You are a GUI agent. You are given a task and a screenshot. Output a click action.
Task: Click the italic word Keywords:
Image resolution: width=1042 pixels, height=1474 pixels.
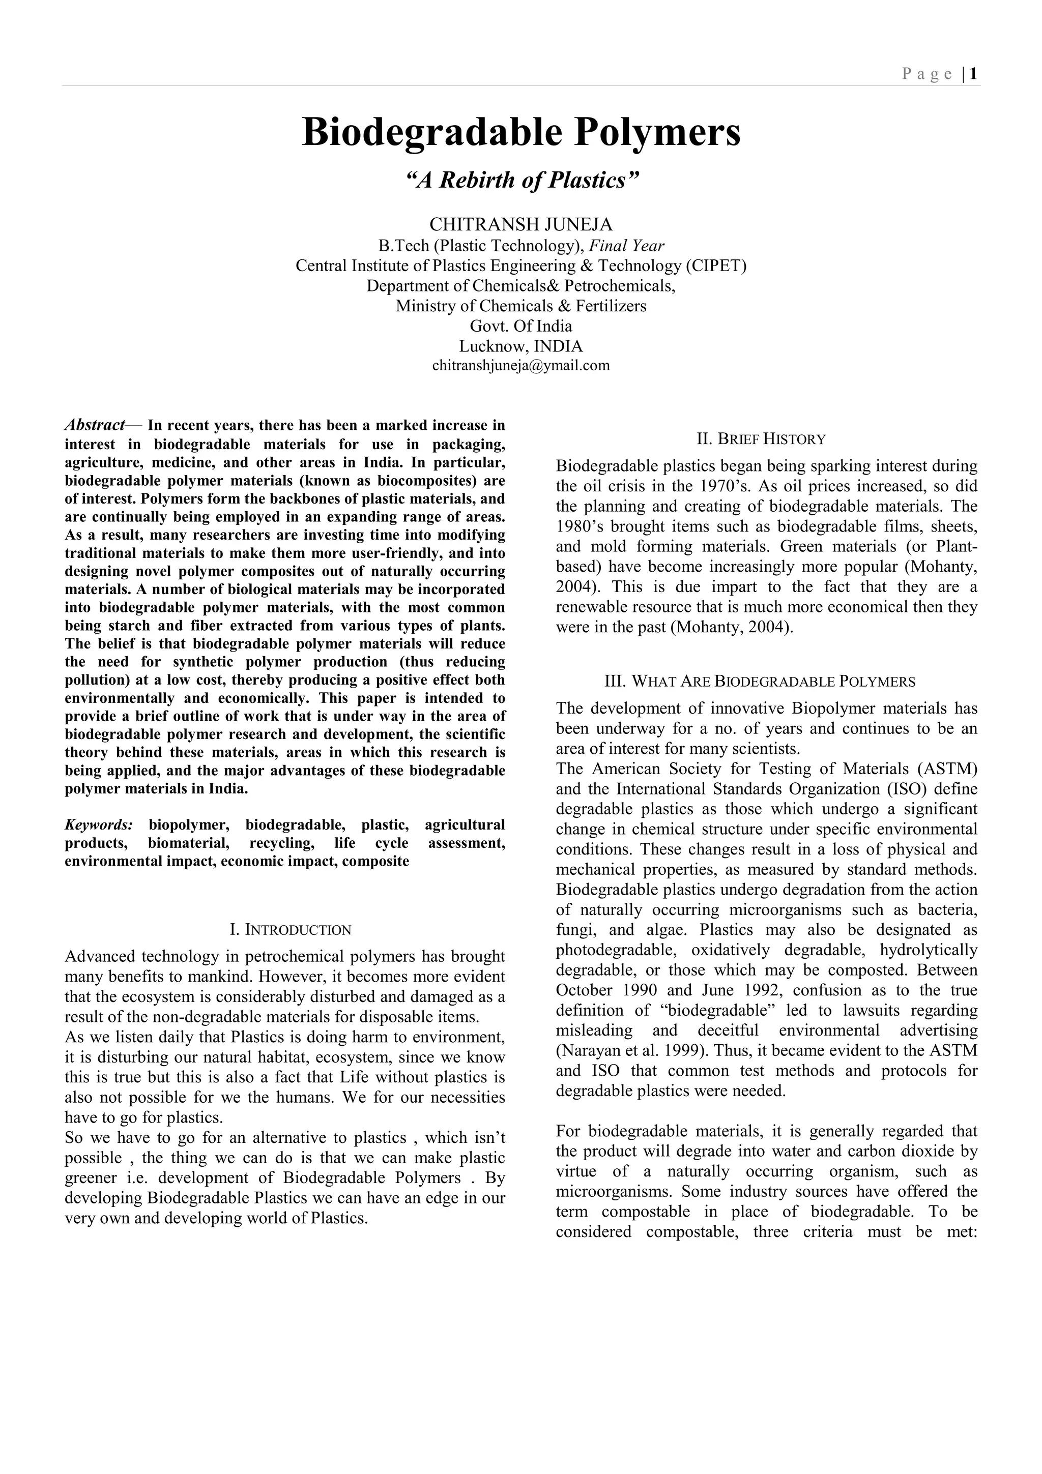[x=99, y=825]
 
